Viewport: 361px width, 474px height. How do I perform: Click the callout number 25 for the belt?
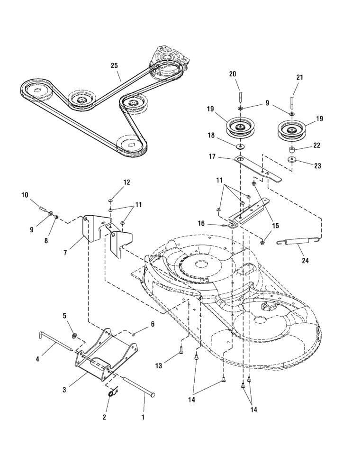(114, 65)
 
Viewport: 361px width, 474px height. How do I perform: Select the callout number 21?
(299, 77)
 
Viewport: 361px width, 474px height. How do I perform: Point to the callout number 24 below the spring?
(305, 260)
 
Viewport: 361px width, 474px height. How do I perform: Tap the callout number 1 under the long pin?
(143, 418)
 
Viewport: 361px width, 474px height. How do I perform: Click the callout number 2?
(105, 417)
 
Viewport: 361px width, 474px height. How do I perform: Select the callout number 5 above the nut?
(65, 316)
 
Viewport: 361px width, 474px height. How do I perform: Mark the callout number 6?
(153, 324)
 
